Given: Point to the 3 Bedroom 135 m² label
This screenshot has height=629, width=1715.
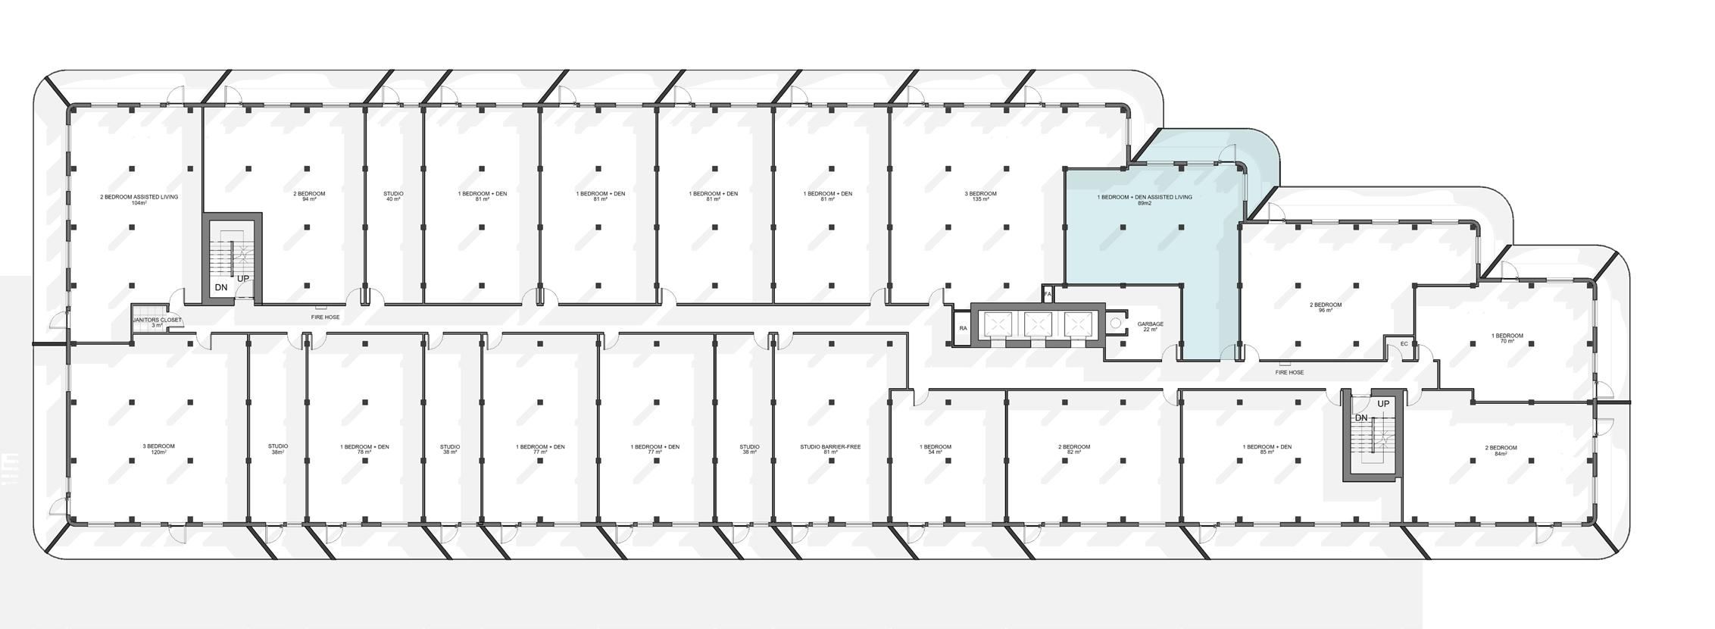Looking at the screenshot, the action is pyautogui.click(x=980, y=196).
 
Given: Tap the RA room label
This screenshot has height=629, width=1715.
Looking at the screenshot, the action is pyautogui.click(x=963, y=328).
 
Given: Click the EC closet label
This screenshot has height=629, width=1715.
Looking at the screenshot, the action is pyautogui.click(x=1404, y=344).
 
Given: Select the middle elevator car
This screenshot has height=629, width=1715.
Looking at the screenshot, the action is pyautogui.click(x=1038, y=324).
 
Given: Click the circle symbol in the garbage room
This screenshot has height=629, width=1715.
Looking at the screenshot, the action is pyautogui.click(x=1115, y=324).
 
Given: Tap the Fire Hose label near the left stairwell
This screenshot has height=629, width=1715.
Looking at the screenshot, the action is pyautogui.click(x=325, y=317).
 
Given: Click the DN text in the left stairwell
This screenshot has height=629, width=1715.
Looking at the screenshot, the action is pyautogui.click(x=221, y=288).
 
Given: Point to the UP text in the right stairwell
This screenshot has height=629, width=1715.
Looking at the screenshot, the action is pyautogui.click(x=1383, y=404).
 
